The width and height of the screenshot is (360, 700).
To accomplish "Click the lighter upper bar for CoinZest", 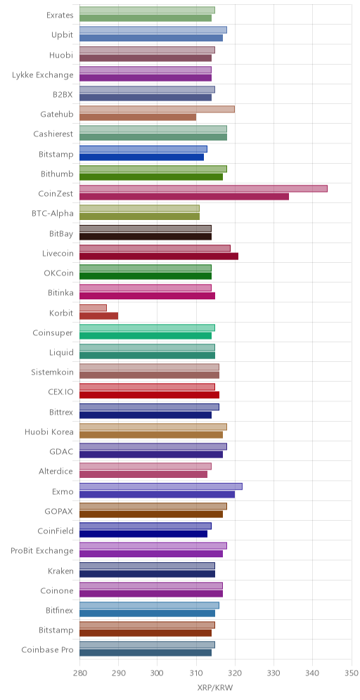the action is click(x=203, y=188).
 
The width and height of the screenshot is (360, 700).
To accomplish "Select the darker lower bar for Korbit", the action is click(x=98, y=316).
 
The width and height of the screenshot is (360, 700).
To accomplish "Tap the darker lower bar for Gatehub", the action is click(x=138, y=117).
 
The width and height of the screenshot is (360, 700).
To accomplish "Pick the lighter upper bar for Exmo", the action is click(x=161, y=486).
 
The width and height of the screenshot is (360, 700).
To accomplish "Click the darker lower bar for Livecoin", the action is click(x=159, y=257).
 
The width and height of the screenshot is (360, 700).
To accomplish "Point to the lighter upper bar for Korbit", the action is click(x=93, y=308).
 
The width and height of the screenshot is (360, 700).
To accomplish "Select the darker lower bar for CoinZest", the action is click(x=184, y=196).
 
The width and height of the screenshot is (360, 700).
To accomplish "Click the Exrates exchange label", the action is click(x=60, y=15).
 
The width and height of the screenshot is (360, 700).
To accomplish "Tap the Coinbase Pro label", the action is click(x=47, y=649).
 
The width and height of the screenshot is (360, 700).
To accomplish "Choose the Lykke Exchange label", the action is click(x=43, y=74).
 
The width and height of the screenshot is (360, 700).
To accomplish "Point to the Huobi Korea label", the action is click(x=49, y=432).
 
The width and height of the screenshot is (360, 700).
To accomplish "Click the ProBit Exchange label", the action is click(x=42, y=550).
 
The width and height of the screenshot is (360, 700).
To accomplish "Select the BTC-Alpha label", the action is click(x=53, y=214).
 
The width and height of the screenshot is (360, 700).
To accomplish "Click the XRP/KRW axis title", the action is click(x=215, y=687).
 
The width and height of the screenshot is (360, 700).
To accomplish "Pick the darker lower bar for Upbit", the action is click(x=151, y=38).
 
